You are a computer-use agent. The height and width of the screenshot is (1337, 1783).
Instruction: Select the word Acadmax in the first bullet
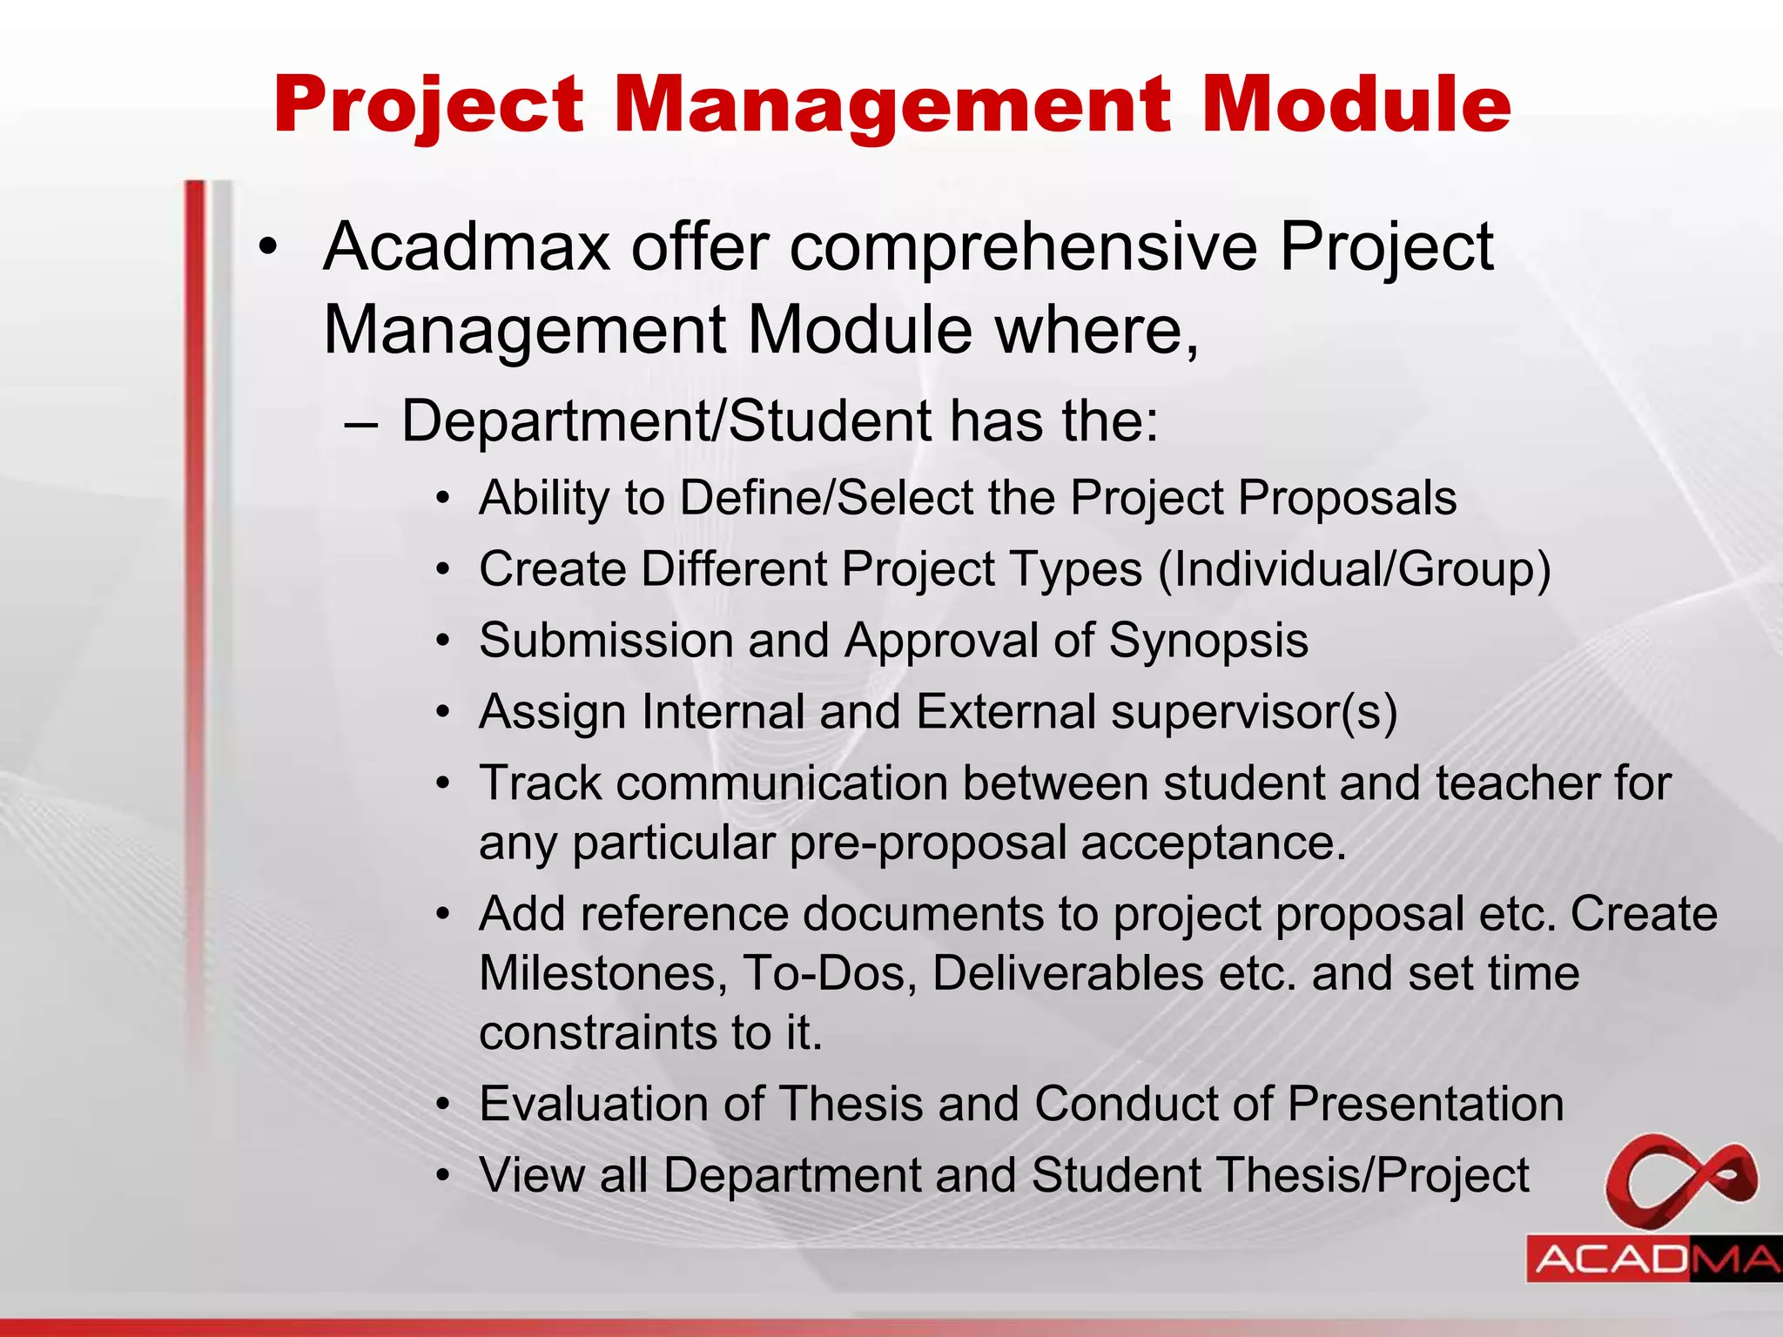click(467, 247)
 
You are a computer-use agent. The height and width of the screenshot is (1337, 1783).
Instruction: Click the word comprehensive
click(1023, 249)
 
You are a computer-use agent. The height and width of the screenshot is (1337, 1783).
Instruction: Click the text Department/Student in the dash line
click(667, 421)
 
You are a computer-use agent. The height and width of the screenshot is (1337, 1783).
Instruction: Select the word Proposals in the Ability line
click(1349, 499)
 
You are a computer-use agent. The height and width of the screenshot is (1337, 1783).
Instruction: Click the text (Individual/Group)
click(1354, 570)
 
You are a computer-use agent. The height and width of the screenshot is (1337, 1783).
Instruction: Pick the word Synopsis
click(1208, 641)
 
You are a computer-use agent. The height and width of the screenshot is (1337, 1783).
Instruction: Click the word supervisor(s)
click(1254, 713)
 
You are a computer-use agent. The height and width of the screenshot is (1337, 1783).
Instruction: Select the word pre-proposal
click(927, 843)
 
